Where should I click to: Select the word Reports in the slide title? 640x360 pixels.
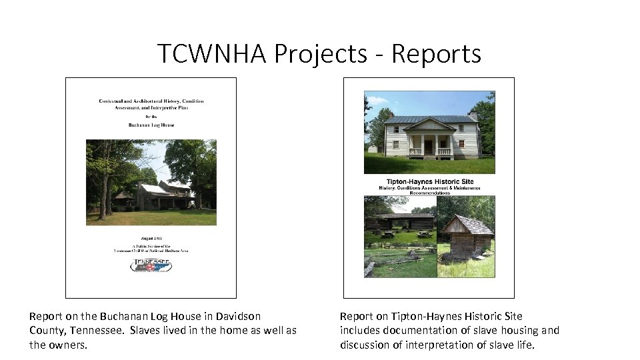pyautogui.click(x=436, y=53)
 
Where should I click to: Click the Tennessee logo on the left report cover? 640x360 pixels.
pyautogui.click(x=151, y=265)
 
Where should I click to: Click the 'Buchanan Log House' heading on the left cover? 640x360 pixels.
pyautogui.click(x=151, y=124)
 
